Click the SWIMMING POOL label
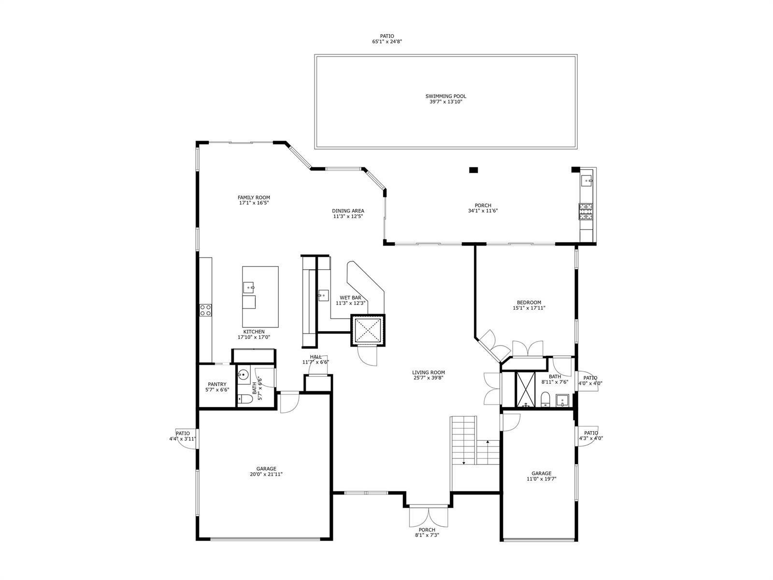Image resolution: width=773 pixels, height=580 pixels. coord(445,96)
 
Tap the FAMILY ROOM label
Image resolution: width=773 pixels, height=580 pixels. coord(254,198)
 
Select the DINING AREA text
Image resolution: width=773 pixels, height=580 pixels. coord(348,211)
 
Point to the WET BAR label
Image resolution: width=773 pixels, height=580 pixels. coord(350,298)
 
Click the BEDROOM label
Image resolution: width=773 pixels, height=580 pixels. coord(529,302)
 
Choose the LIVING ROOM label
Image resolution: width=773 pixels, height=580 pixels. coord(429,372)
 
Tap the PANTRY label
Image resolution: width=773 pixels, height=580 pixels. coord(217,384)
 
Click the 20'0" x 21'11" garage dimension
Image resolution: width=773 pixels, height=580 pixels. coord(266,474)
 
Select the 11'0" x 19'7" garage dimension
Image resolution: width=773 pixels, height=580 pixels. coord(541,478)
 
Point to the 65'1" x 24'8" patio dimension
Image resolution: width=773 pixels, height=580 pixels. coord(387,41)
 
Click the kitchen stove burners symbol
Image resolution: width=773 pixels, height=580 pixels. coord(206,310)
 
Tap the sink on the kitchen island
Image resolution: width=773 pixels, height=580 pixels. coord(249,288)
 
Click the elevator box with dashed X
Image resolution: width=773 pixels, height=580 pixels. coord(368,330)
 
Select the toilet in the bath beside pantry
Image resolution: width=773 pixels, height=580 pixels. coord(245,399)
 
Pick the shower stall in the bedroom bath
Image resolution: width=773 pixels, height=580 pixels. coord(526,389)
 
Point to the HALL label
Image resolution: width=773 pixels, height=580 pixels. coord(315,357)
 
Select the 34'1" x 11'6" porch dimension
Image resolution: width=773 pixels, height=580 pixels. coord(483,211)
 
